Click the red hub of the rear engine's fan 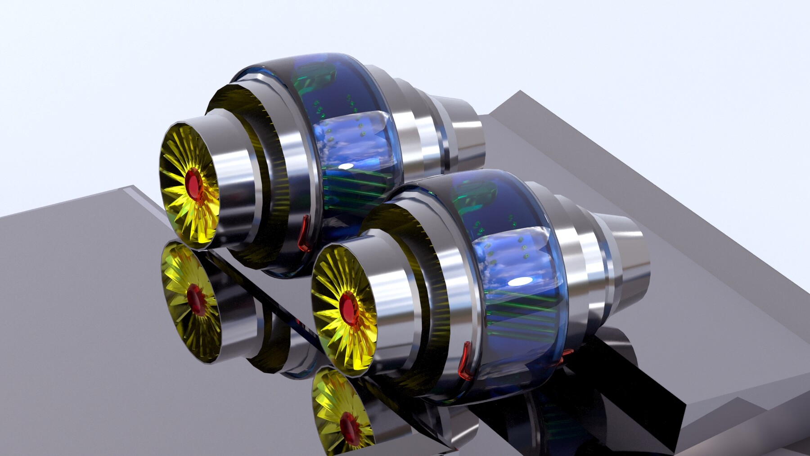coord(194,185)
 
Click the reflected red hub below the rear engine coord(196,299)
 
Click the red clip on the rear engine coord(305,232)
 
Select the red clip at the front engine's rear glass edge coord(566,353)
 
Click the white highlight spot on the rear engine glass coord(345,166)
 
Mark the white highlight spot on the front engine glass coord(520,282)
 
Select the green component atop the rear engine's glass coord(315,77)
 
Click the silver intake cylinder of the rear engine coord(234,180)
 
